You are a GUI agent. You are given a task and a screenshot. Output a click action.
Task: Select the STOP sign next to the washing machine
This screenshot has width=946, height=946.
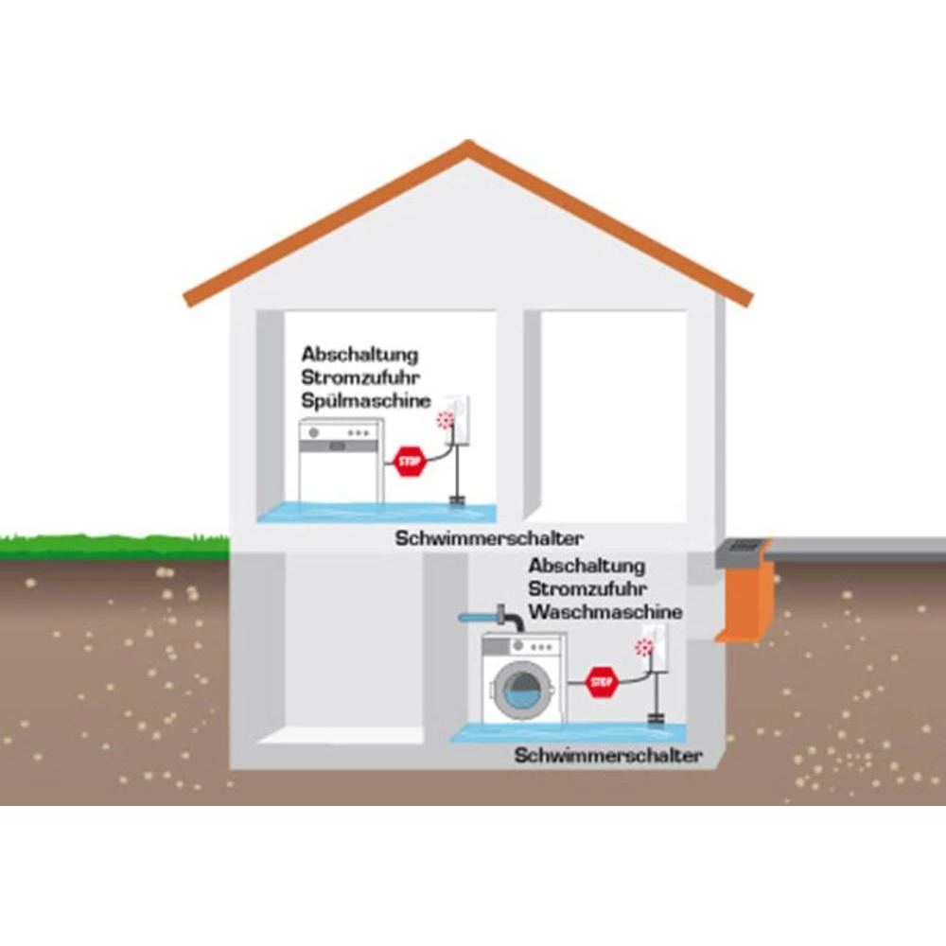pyautogui.click(x=602, y=681)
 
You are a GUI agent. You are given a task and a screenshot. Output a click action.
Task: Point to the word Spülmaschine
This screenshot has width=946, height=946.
pyautogui.click(x=366, y=401)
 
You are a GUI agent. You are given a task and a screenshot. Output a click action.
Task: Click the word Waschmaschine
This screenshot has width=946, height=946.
pyautogui.click(x=605, y=612)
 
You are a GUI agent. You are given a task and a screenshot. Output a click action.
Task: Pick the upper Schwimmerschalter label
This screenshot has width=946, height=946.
pyautogui.click(x=489, y=538)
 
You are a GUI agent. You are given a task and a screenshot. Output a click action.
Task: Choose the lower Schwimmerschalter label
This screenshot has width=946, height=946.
pyautogui.click(x=608, y=756)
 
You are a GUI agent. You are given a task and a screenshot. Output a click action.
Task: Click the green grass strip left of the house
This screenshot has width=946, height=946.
pyautogui.click(x=114, y=546)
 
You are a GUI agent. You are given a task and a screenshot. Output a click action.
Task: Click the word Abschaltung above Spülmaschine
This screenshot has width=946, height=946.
pyautogui.click(x=359, y=355)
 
